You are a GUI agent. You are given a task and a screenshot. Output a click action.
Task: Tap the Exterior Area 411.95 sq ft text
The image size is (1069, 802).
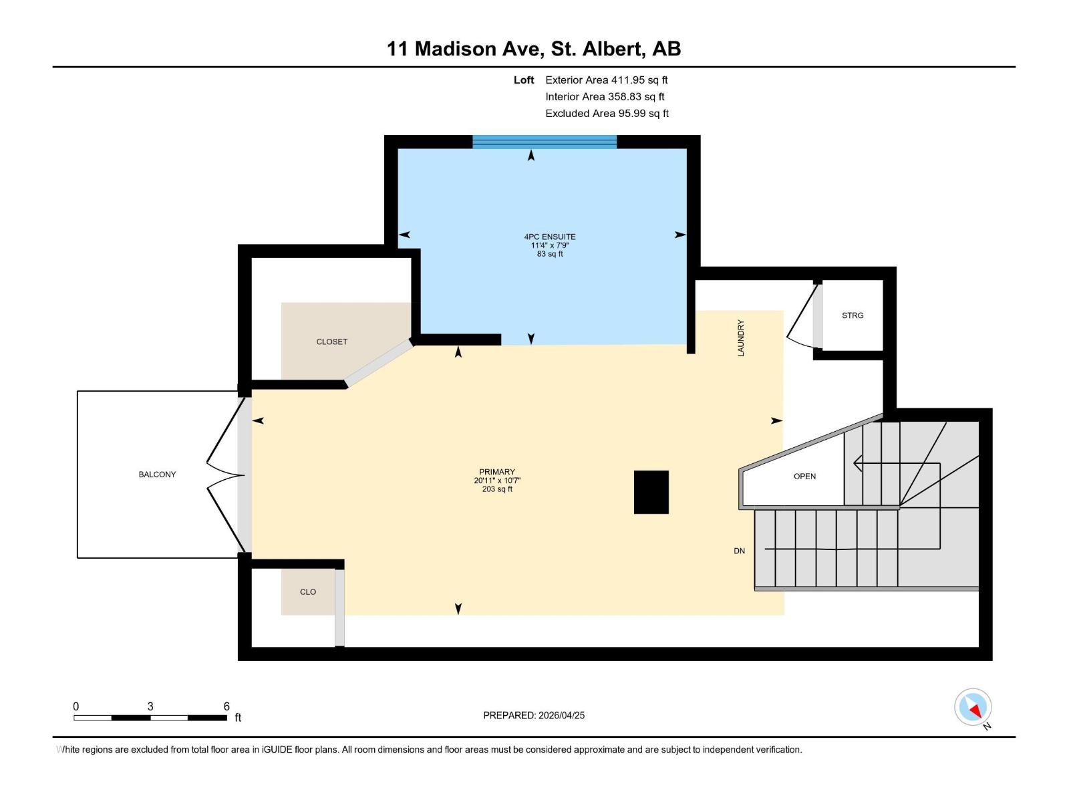click(x=606, y=80)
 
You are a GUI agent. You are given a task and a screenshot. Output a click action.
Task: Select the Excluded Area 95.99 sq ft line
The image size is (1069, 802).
click(x=606, y=114)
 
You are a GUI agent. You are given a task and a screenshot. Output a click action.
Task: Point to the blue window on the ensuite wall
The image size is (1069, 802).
click(x=545, y=141)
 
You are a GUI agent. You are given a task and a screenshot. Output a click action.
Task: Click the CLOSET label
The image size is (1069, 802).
click(x=331, y=342)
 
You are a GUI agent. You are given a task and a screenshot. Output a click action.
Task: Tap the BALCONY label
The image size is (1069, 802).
click(x=157, y=475)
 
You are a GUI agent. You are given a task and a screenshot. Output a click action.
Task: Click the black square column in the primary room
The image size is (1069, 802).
click(x=651, y=492)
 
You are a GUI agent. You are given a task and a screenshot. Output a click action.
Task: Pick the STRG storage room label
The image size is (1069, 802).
click(x=853, y=315)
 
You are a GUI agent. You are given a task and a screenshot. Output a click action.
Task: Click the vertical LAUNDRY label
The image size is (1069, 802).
click(x=740, y=338)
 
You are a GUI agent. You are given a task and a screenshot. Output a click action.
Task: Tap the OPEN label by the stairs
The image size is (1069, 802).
click(x=804, y=477)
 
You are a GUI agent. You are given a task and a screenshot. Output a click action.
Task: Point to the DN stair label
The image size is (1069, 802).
click(x=739, y=551)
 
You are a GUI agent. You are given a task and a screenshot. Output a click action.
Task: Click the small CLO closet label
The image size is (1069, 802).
click(x=307, y=592)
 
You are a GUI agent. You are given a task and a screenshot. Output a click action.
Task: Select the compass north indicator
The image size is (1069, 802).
click(x=973, y=708)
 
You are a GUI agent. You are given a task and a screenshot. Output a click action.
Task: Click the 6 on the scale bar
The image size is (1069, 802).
click(x=226, y=706)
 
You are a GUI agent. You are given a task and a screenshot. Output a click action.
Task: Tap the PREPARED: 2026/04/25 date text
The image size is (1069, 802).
click(x=534, y=715)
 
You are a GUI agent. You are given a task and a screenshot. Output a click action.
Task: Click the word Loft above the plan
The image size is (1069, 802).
click(x=524, y=80)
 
